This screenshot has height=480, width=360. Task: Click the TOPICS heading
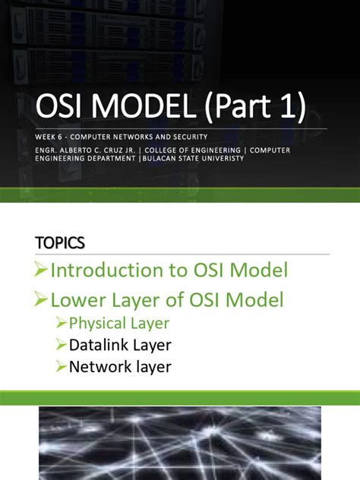(x=60, y=242)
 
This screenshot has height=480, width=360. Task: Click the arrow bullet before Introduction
(x=43, y=271)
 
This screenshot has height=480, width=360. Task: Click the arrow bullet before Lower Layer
(x=43, y=301)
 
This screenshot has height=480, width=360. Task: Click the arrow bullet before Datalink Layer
(x=61, y=346)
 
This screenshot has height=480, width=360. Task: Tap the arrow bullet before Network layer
(x=61, y=368)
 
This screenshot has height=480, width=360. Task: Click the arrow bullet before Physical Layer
(x=61, y=324)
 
